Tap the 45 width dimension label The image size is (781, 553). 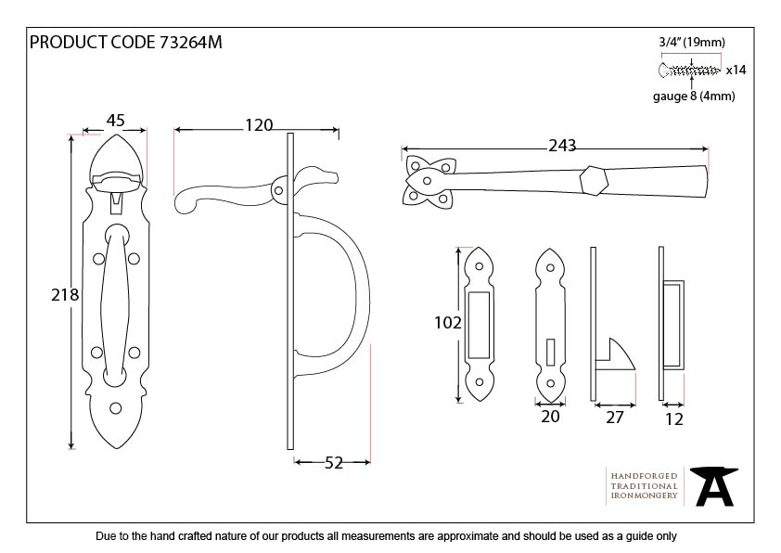116,121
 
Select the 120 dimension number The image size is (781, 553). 258,122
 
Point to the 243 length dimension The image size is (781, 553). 562,146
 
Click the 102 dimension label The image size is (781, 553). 447,323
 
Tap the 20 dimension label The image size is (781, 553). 550,417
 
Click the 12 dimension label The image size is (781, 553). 673,418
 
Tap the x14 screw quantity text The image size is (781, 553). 736,70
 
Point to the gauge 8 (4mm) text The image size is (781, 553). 693,96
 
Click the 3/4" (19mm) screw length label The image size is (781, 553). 692,42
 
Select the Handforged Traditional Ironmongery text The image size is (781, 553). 644,485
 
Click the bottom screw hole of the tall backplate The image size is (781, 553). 117,406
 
